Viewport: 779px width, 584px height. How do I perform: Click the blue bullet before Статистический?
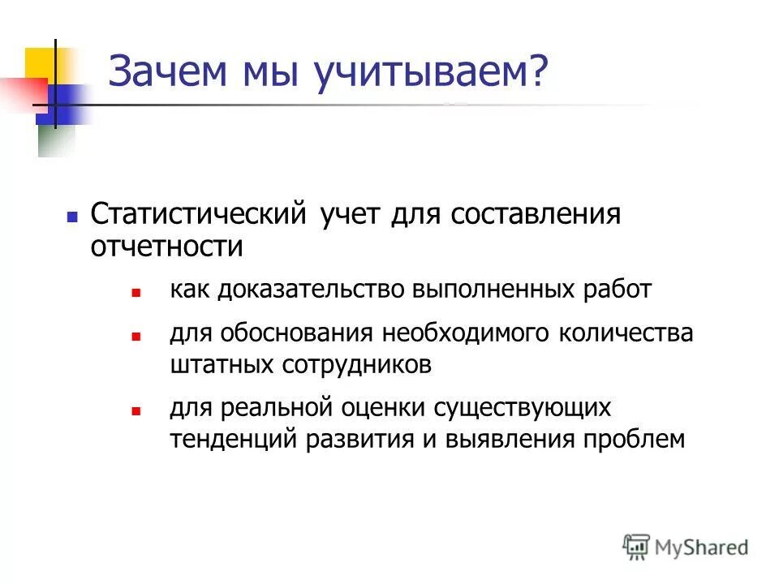click(x=71, y=217)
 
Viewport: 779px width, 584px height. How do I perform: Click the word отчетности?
click(x=166, y=246)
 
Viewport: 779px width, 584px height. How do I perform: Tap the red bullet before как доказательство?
click(x=136, y=291)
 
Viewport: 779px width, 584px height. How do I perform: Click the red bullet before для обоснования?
click(x=136, y=335)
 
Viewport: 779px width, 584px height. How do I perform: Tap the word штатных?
click(x=221, y=364)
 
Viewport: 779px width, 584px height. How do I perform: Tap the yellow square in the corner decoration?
click(x=39, y=62)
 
